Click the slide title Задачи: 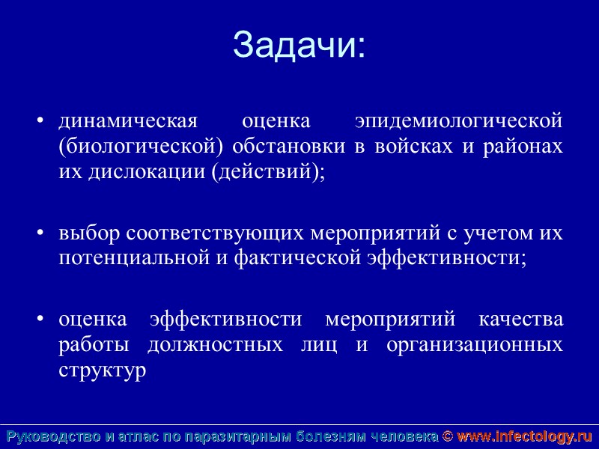tap(299, 44)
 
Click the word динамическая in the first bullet tap(127, 121)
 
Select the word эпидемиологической tap(458, 121)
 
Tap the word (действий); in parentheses tap(269, 172)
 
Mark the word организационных tap(475, 346)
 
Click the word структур tap(102, 371)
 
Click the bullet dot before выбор tap(41, 234)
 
